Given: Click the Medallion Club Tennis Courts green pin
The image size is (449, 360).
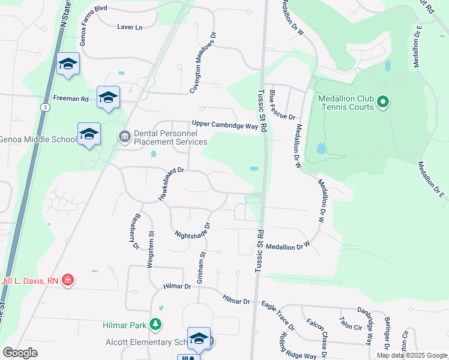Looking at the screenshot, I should [383, 102].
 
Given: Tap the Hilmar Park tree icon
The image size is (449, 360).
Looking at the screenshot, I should [156, 325].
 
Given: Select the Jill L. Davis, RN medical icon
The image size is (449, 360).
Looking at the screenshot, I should [68, 280].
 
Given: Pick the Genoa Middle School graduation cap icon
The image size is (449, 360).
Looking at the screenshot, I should [89, 134].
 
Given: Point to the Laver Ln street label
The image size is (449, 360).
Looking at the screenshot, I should [130, 27].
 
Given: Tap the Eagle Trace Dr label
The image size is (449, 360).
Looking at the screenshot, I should [278, 316].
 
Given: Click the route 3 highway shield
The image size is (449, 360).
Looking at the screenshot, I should [46, 107].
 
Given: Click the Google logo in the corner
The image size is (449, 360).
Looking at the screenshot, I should [20, 353].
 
